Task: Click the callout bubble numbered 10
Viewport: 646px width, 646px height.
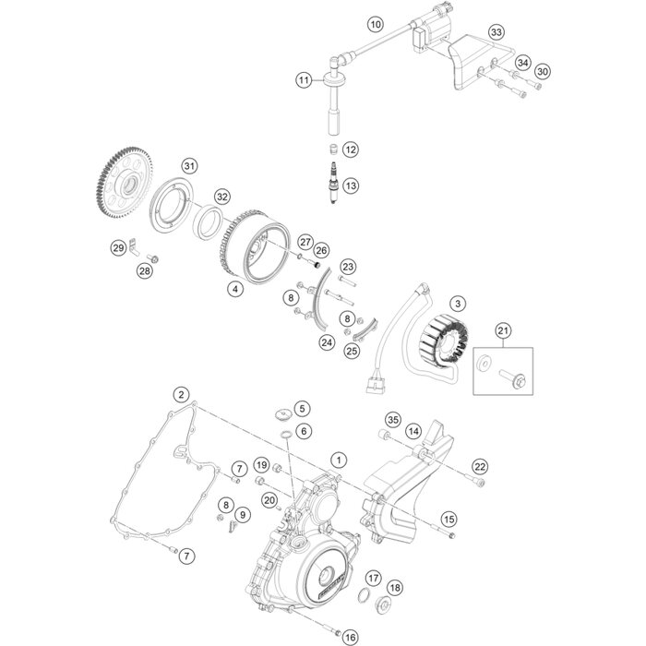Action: click(x=376, y=24)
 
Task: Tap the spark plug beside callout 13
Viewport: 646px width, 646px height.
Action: click(x=333, y=183)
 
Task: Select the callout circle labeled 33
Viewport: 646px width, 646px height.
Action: click(x=496, y=32)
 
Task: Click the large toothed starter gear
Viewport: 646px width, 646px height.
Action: click(x=125, y=182)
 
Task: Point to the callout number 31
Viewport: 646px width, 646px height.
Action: click(x=189, y=166)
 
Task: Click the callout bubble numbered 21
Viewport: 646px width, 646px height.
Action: click(x=503, y=330)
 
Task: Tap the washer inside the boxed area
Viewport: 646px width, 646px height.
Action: click(x=484, y=364)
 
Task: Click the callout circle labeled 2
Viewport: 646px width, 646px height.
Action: click(x=181, y=395)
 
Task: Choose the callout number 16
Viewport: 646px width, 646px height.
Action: click(x=350, y=638)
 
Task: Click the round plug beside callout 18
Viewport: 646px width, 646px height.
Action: click(x=384, y=604)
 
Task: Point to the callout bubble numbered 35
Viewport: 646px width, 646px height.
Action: click(x=392, y=420)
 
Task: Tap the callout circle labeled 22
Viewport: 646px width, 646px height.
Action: click(x=480, y=467)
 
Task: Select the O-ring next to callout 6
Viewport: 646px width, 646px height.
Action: click(x=287, y=434)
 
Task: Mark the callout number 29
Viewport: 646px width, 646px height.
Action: click(x=119, y=248)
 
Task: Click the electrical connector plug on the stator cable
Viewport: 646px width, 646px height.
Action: click(x=376, y=385)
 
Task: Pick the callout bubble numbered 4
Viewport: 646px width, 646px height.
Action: click(x=235, y=289)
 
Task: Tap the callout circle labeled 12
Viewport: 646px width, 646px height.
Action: click(x=351, y=150)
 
